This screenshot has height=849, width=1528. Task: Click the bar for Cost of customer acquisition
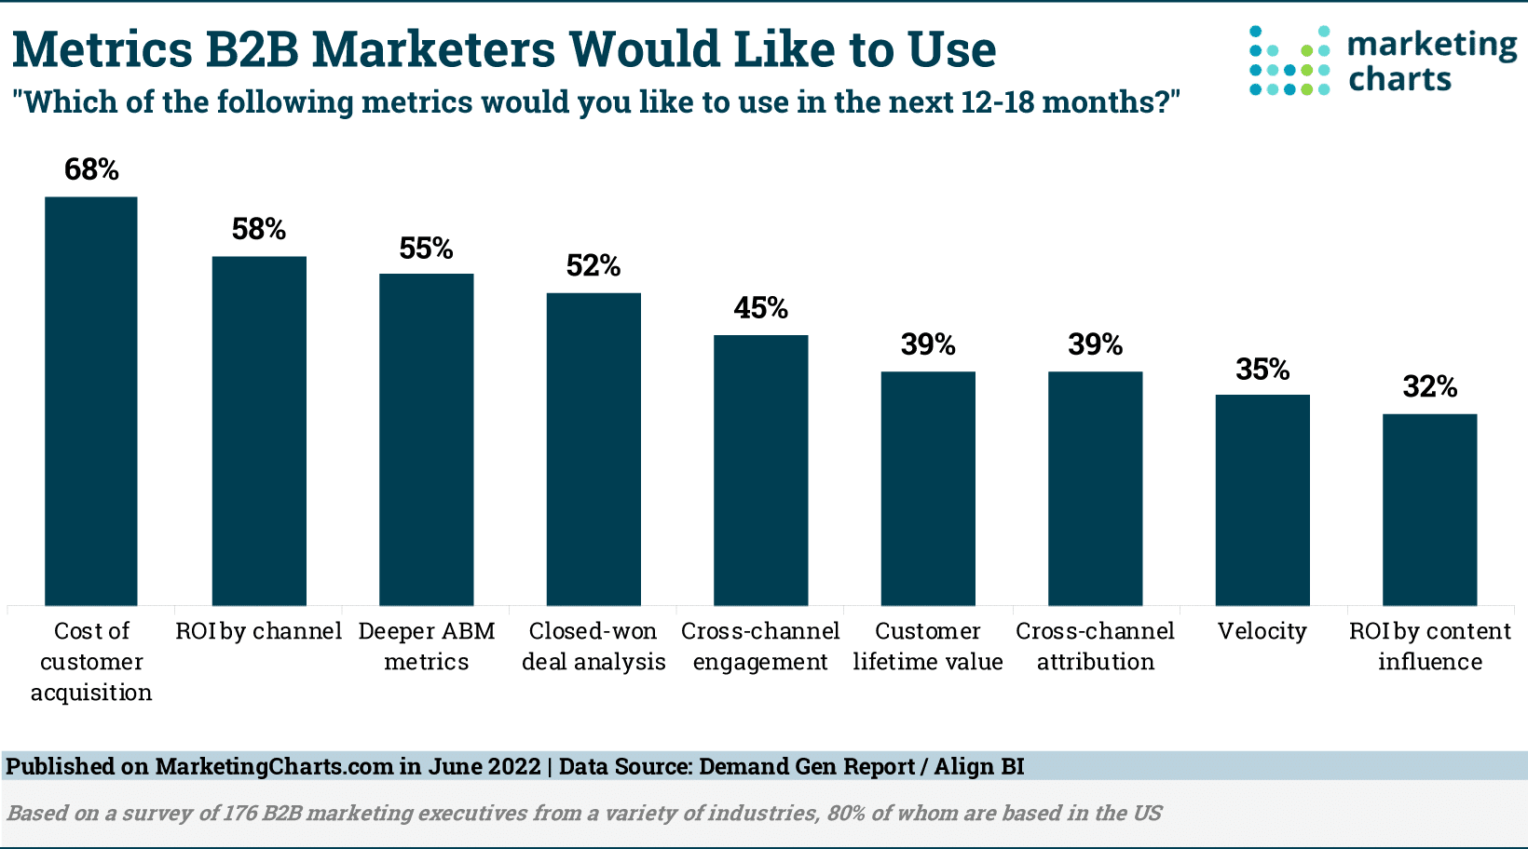point(91,400)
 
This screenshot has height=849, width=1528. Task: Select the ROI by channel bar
point(259,430)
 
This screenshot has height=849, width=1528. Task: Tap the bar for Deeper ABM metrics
point(426,439)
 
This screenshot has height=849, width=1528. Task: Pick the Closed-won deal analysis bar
point(593,449)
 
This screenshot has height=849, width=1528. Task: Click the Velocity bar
point(1262,500)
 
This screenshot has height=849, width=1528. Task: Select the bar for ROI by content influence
point(1429,509)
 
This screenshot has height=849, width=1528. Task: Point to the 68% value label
point(91,169)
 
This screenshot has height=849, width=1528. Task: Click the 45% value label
point(760,308)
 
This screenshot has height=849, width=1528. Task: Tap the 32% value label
point(1429,386)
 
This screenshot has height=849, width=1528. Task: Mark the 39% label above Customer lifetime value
point(928,345)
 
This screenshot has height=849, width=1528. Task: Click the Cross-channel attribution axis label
point(1095,646)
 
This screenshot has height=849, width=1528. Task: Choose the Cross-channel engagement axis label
point(760,646)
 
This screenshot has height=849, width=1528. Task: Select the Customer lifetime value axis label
point(928,646)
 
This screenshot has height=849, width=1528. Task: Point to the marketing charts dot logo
point(1289,61)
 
